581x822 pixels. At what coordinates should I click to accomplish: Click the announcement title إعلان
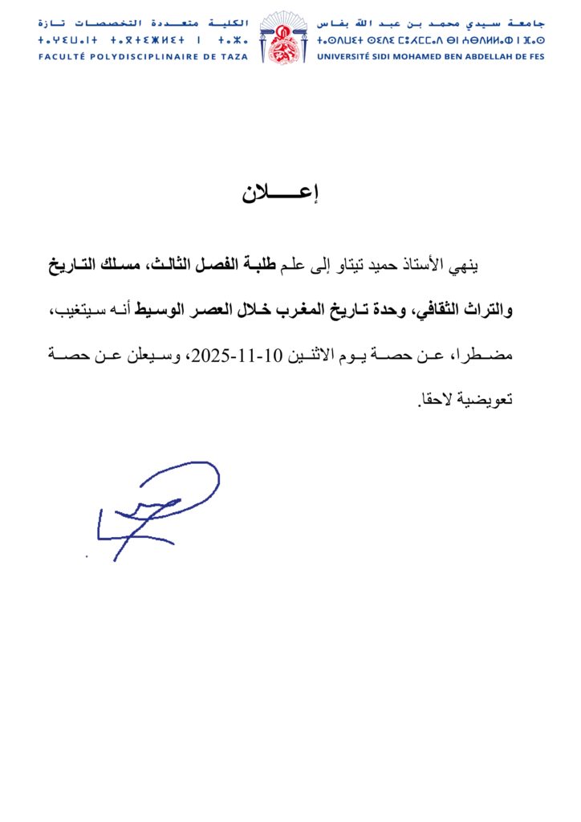pyautogui.click(x=290, y=194)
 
